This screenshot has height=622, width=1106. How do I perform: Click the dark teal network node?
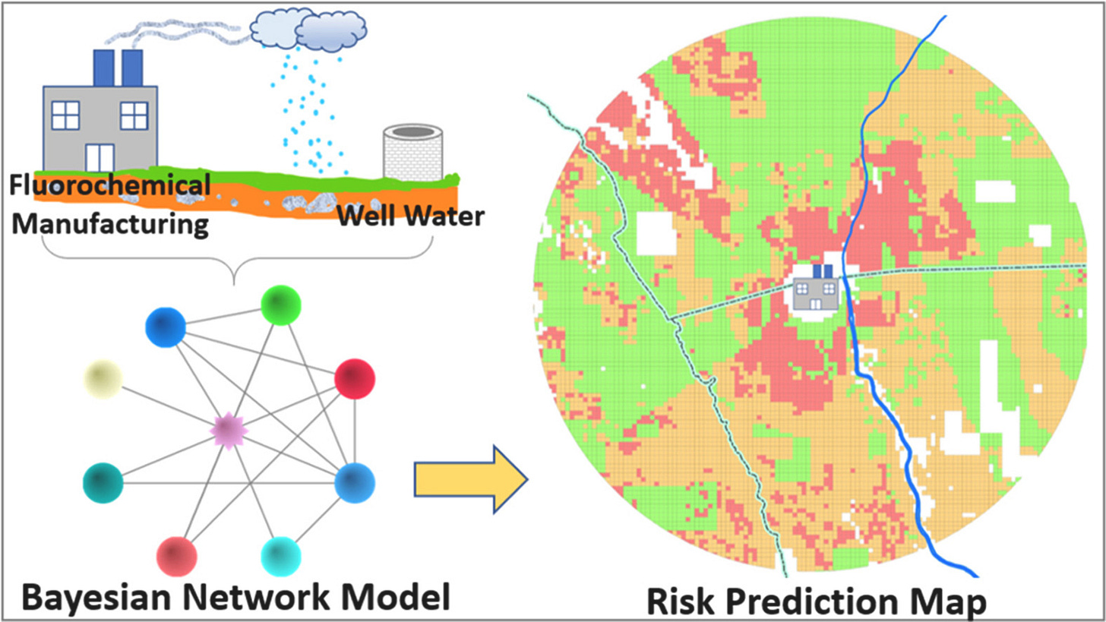pos(103,481)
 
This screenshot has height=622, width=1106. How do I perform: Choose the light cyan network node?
pos(280,557)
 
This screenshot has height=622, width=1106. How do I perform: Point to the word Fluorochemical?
pos(111,185)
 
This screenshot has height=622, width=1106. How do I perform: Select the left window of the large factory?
pos(65,115)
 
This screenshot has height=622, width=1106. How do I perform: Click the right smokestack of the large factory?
pos(132,68)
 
